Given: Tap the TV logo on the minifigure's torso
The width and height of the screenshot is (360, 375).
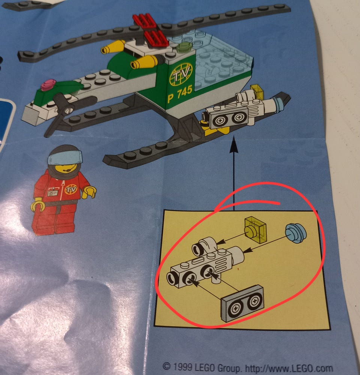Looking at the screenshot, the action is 71,189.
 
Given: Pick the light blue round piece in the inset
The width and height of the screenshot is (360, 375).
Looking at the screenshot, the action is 295,233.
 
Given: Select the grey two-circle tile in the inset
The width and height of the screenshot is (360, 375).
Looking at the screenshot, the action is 243,303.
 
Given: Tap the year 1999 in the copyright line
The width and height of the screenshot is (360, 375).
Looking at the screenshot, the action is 182,366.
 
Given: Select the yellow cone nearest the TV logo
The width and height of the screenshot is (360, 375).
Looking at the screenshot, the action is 144,61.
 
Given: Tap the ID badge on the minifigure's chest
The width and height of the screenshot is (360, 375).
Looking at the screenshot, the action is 52,192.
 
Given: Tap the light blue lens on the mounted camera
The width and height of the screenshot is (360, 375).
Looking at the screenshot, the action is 279,104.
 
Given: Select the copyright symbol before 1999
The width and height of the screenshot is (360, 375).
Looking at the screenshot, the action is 167,366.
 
